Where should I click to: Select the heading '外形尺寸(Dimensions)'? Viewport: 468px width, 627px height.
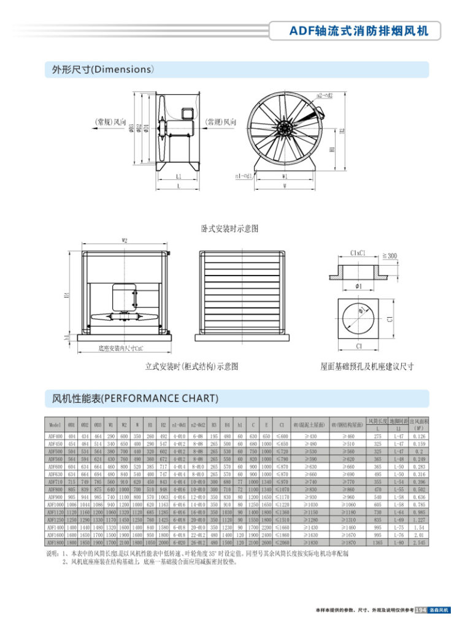tap(98, 70)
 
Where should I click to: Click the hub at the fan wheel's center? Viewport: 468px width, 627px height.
tap(285, 129)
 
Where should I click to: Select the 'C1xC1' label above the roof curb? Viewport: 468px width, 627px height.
tap(359, 252)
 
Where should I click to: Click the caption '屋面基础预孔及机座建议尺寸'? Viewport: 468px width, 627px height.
tap(367, 366)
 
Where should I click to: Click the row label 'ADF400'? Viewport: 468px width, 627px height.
tap(55, 436)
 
